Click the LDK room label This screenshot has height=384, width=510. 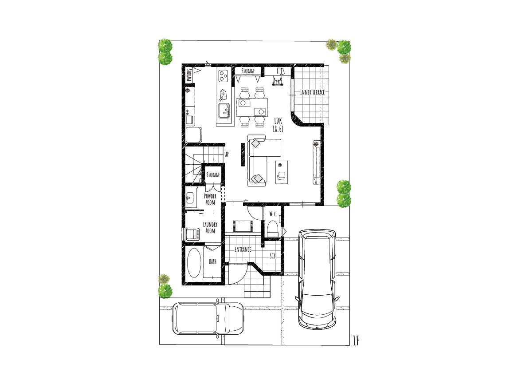tap(278, 121)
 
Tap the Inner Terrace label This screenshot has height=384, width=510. tap(312, 92)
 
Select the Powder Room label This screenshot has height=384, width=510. tap(210, 199)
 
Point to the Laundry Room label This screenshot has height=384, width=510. tap(210, 228)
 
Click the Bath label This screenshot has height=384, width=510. tap(213, 261)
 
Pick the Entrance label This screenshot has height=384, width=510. tap(243, 249)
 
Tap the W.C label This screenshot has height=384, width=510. tap(273, 214)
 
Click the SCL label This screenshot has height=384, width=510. tap(273, 256)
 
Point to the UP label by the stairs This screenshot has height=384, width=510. tap(226, 154)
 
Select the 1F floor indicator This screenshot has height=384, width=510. tap(356, 340)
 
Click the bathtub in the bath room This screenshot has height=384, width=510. tap(194, 264)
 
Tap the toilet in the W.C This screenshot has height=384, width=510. tap(273, 229)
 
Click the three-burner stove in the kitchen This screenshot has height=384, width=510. tap(224, 76)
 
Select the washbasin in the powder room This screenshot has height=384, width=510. tap(190, 198)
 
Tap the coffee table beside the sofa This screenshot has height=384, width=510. tap(282, 172)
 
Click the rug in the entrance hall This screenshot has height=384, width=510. tap(243, 226)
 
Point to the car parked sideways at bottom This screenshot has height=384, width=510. tap(208, 319)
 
